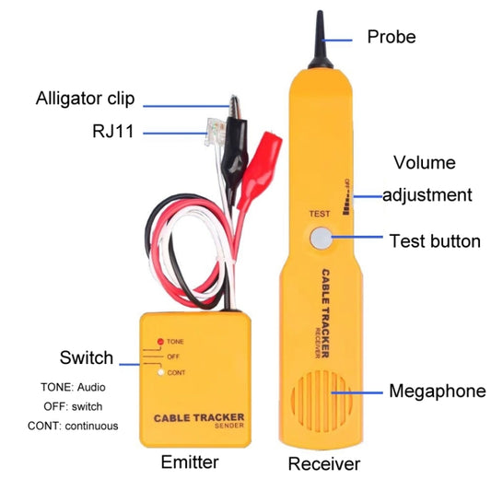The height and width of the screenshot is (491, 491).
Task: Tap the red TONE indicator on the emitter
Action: (x=160, y=342)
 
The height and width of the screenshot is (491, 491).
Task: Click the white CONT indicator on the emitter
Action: (x=160, y=373)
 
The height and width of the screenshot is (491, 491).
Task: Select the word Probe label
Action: (x=392, y=37)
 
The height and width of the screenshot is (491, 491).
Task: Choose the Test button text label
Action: (x=435, y=241)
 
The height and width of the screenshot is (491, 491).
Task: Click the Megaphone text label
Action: (x=437, y=391)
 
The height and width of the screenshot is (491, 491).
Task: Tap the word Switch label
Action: (x=86, y=357)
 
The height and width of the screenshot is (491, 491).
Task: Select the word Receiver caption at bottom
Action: (x=323, y=462)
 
